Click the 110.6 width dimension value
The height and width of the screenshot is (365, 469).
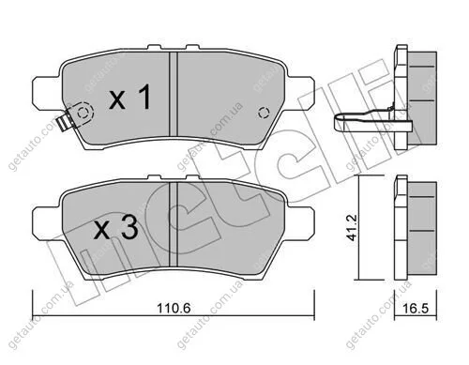[174, 309]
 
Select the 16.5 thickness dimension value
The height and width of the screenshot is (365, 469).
[416, 309]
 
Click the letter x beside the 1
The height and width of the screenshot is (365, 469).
[117, 100]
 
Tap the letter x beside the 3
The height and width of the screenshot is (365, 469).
[102, 231]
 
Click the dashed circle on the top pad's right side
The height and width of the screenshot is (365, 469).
[264, 113]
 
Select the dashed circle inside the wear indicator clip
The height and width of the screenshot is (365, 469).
[83, 113]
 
